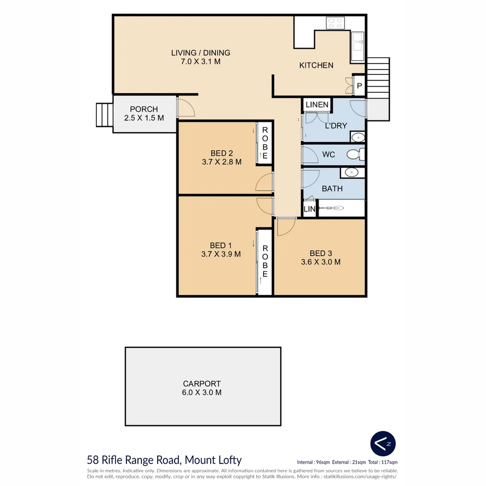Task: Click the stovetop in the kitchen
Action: pyautogui.click(x=335, y=23)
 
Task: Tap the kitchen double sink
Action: pyautogui.click(x=358, y=46)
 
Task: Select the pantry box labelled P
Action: pyautogui.click(x=359, y=85)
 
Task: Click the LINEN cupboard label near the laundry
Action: pyautogui.click(x=317, y=105)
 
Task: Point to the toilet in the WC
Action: pyautogui.click(x=355, y=154)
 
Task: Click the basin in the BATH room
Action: pyautogui.click(x=352, y=173)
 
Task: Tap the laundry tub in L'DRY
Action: pyautogui.click(x=358, y=137)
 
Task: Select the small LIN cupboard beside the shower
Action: pyautogui.click(x=309, y=209)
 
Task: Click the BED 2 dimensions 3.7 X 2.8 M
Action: pyautogui.click(x=221, y=162)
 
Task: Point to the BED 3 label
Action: pyautogui.click(x=321, y=253)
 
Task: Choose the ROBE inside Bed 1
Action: pyautogui.click(x=265, y=261)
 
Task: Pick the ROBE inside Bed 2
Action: pyautogui.click(x=265, y=143)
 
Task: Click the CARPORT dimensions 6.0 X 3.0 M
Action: pyautogui.click(x=202, y=392)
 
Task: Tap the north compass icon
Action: pyautogui.click(x=383, y=444)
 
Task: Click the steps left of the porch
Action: pyautogui.click(x=104, y=115)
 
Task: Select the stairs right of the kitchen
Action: pyautogui.click(x=378, y=78)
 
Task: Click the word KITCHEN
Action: pyautogui.click(x=316, y=65)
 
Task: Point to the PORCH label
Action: pyautogui.click(x=144, y=109)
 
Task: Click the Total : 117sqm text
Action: pyautogui.click(x=383, y=462)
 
